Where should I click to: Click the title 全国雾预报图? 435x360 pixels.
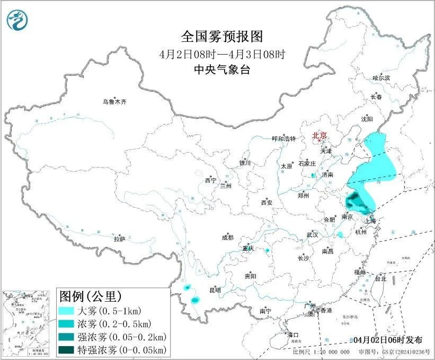click(222, 37)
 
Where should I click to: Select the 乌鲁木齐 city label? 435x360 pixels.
click(115, 101)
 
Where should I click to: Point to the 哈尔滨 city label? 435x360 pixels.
click(380, 77)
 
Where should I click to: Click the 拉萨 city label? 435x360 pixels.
click(119, 239)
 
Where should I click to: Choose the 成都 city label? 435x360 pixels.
click(228, 238)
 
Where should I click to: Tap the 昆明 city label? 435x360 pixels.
click(215, 290)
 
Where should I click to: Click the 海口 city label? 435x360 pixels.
click(293, 335)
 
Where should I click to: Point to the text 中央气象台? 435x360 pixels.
click(222, 69)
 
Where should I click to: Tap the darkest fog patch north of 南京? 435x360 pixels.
click(354, 202)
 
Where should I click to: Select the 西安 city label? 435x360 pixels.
click(266, 203)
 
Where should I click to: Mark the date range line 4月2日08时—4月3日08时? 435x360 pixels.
click(222, 54)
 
